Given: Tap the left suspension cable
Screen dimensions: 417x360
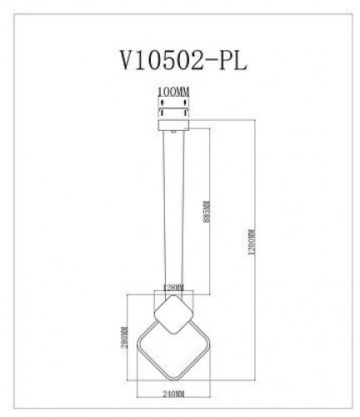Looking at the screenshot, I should point(162,208).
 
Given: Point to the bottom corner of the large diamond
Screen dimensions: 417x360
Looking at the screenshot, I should point(172,372).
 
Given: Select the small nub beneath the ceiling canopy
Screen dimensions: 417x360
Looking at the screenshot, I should point(172,130).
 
